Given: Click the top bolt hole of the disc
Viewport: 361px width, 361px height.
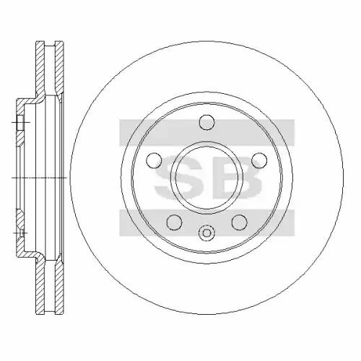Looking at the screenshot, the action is point(207,122).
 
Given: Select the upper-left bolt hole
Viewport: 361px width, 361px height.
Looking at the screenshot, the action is point(154,160).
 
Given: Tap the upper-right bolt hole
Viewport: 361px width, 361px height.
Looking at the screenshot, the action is point(260,160).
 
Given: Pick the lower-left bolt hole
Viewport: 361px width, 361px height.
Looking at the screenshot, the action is point(174,222).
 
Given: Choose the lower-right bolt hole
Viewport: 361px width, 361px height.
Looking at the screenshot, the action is point(240,222).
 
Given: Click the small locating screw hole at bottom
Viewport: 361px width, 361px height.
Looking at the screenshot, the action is point(206,232).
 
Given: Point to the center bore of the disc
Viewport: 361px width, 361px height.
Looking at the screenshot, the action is point(206,178).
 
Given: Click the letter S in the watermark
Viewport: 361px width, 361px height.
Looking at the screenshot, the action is point(175,178).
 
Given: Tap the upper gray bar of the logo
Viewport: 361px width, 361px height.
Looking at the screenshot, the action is point(207,133).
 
